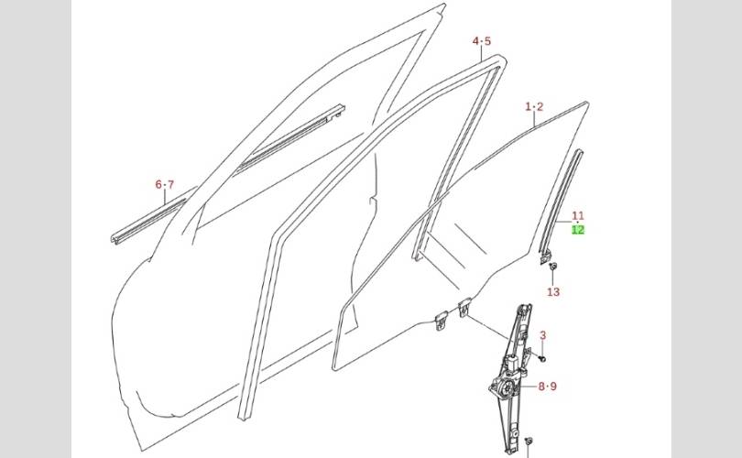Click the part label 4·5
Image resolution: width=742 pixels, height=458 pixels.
(482, 41)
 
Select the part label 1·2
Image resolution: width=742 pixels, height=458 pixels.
(534, 107)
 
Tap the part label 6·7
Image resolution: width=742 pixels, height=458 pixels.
(164, 185)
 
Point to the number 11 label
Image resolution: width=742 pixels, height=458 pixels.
(578, 216)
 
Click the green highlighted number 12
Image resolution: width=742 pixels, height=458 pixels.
(578, 230)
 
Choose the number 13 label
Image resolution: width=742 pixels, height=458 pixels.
(553, 292)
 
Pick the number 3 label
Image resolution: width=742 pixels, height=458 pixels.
(542, 335)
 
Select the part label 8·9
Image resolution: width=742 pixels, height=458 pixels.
(547, 387)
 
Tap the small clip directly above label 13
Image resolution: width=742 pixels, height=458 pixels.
(554, 267)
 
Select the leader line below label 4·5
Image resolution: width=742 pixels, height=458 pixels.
(482, 53)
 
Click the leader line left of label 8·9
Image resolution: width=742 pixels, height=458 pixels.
(530, 387)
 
